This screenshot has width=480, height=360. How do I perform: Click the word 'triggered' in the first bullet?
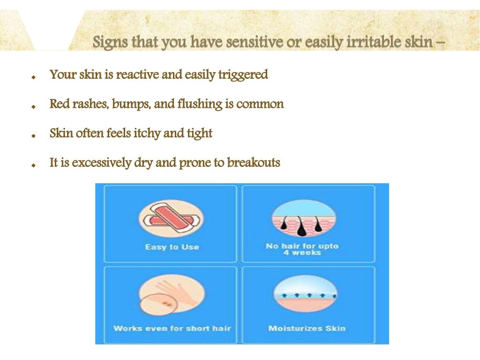(x=243, y=75)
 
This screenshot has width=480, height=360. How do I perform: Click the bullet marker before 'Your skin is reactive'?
(x=33, y=77)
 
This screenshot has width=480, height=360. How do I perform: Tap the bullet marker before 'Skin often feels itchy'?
(x=33, y=135)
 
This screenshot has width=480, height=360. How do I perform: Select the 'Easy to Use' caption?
(x=172, y=247)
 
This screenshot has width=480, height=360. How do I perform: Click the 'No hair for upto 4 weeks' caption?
(x=302, y=249)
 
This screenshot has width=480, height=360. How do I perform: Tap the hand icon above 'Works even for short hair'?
(x=171, y=295)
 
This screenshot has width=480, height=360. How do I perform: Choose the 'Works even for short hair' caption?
(x=172, y=328)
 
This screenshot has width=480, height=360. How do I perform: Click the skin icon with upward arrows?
(x=305, y=294)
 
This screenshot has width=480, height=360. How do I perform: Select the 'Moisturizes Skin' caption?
(x=307, y=328)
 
